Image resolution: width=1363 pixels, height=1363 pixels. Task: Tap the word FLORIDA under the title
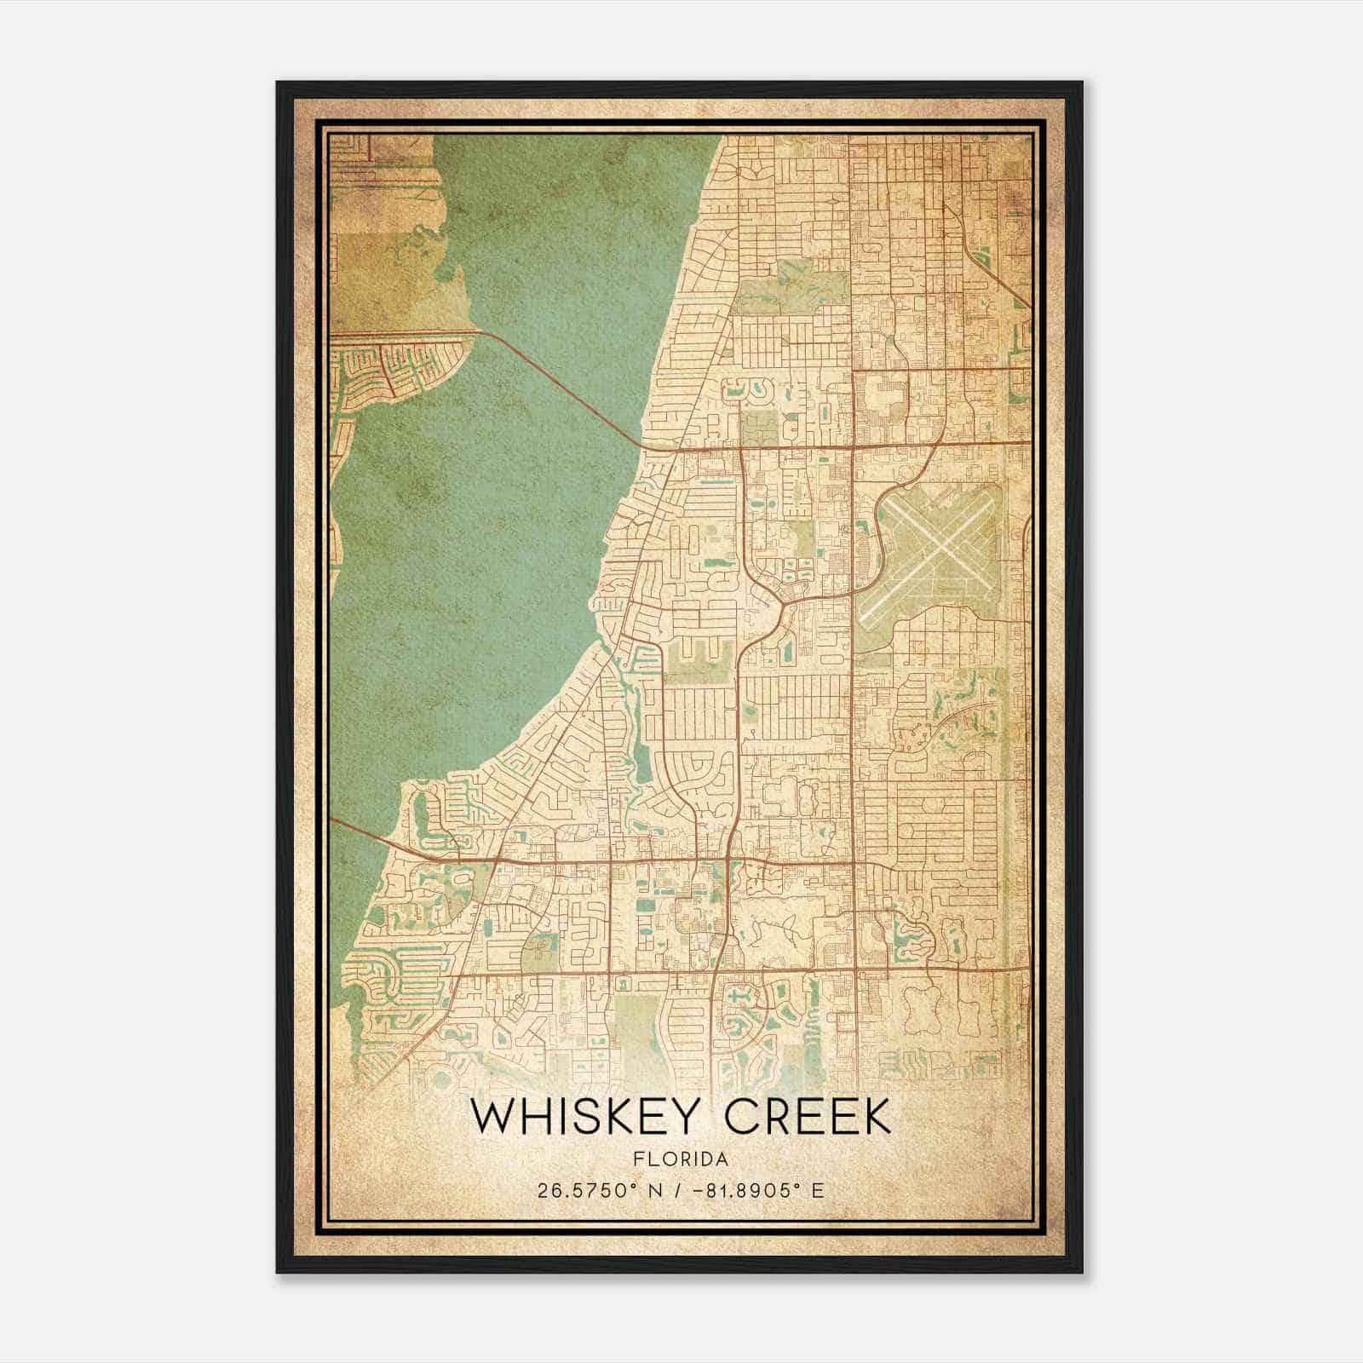681,1159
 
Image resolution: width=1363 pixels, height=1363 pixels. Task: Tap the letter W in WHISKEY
497,1118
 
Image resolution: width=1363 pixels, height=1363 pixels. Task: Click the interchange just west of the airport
873,545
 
